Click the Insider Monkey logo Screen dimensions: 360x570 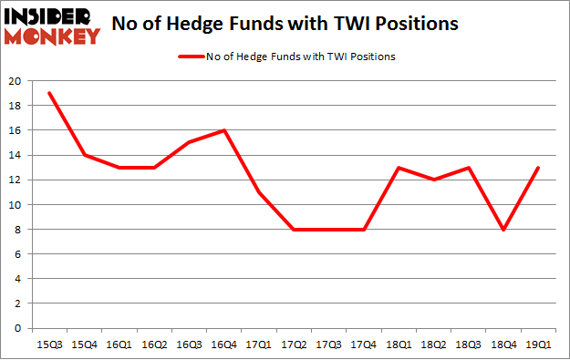[51, 26]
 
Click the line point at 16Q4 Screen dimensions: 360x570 [224, 130]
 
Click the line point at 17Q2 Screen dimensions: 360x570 [295, 230]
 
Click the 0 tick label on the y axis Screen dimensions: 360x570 [18, 328]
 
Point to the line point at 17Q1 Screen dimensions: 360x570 [260, 192]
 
